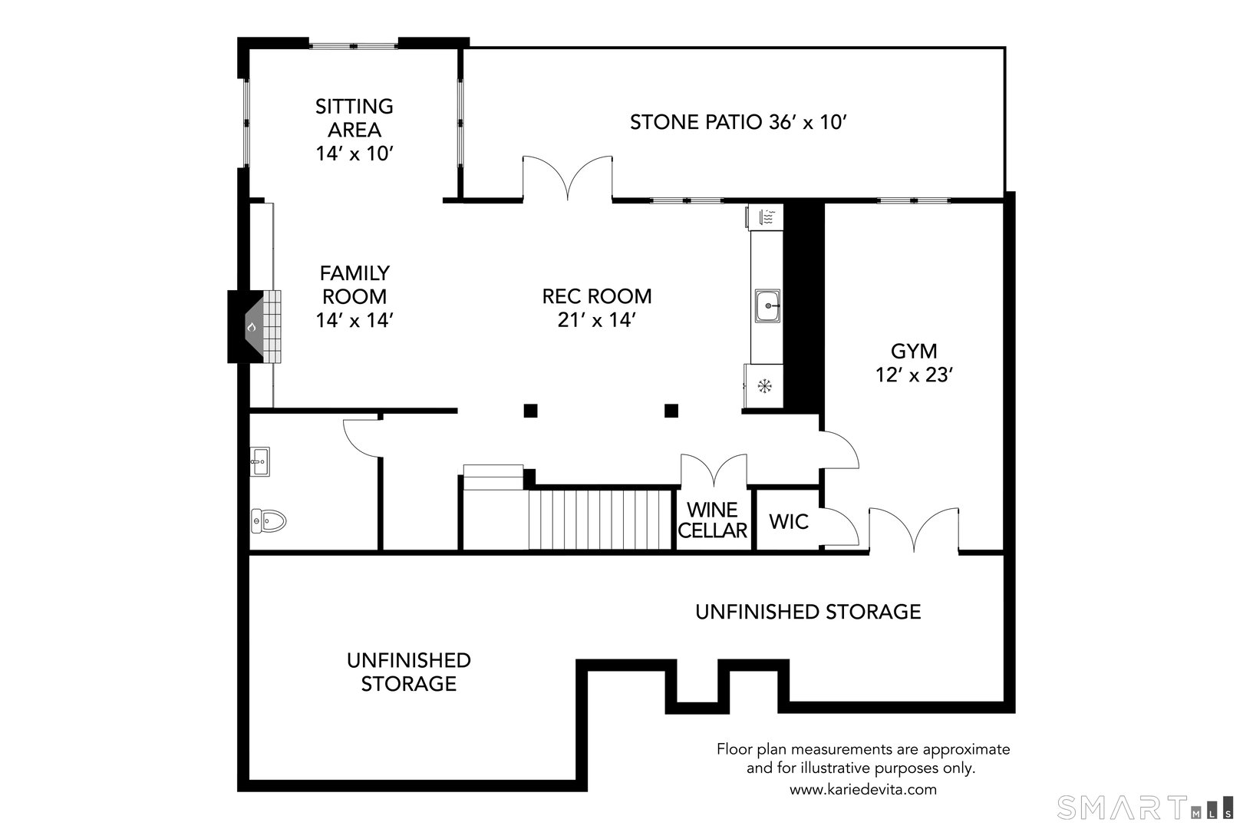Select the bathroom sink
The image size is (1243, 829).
click(x=259, y=461)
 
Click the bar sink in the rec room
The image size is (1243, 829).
click(x=767, y=306)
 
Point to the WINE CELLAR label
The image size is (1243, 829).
click(x=713, y=520)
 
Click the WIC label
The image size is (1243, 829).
click(x=789, y=522)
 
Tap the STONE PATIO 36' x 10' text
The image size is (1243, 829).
click(x=737, y=122)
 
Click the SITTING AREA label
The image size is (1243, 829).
click(x=354, y=129)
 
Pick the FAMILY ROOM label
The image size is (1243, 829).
click(x=354, y=296)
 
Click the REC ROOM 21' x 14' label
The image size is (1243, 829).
click(x=597, y=308)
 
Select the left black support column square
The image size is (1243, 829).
click(x=530, y=411)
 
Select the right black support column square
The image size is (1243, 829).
click(x=671, y=411)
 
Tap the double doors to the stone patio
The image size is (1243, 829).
click(x=567, y=178)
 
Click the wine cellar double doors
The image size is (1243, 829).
click(x=714, y=470)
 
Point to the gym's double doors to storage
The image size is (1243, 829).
click(x=913, y=530)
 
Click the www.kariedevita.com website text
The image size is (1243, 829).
click(x=863, y=789)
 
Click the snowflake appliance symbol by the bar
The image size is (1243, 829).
click(x=764, y=385)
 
